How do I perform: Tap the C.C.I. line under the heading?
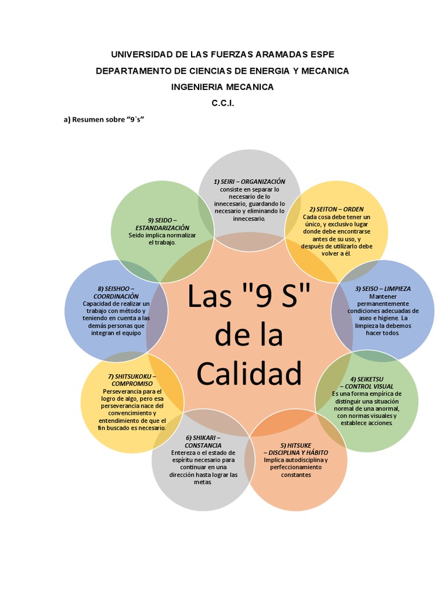point(222,103)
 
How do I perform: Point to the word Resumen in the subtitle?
point(91,119)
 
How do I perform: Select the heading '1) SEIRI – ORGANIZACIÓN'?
point(250,182)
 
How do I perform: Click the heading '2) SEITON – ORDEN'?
point(336,209)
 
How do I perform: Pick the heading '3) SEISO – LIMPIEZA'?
point(383,288)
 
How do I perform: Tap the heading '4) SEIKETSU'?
point(366,379)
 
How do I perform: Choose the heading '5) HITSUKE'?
point(296,445)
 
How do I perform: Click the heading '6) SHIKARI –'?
point(203,437)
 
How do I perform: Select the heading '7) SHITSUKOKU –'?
point(132,376)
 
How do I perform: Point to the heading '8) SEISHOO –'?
point(116,288)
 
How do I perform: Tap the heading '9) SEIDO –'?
point(162,220)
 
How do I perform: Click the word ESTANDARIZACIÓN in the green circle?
point(162,227)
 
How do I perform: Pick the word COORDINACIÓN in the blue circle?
point(116,296)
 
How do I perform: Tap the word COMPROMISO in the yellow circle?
point(132,384)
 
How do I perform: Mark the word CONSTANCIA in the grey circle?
point(203,445)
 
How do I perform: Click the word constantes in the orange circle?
point(296,475)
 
